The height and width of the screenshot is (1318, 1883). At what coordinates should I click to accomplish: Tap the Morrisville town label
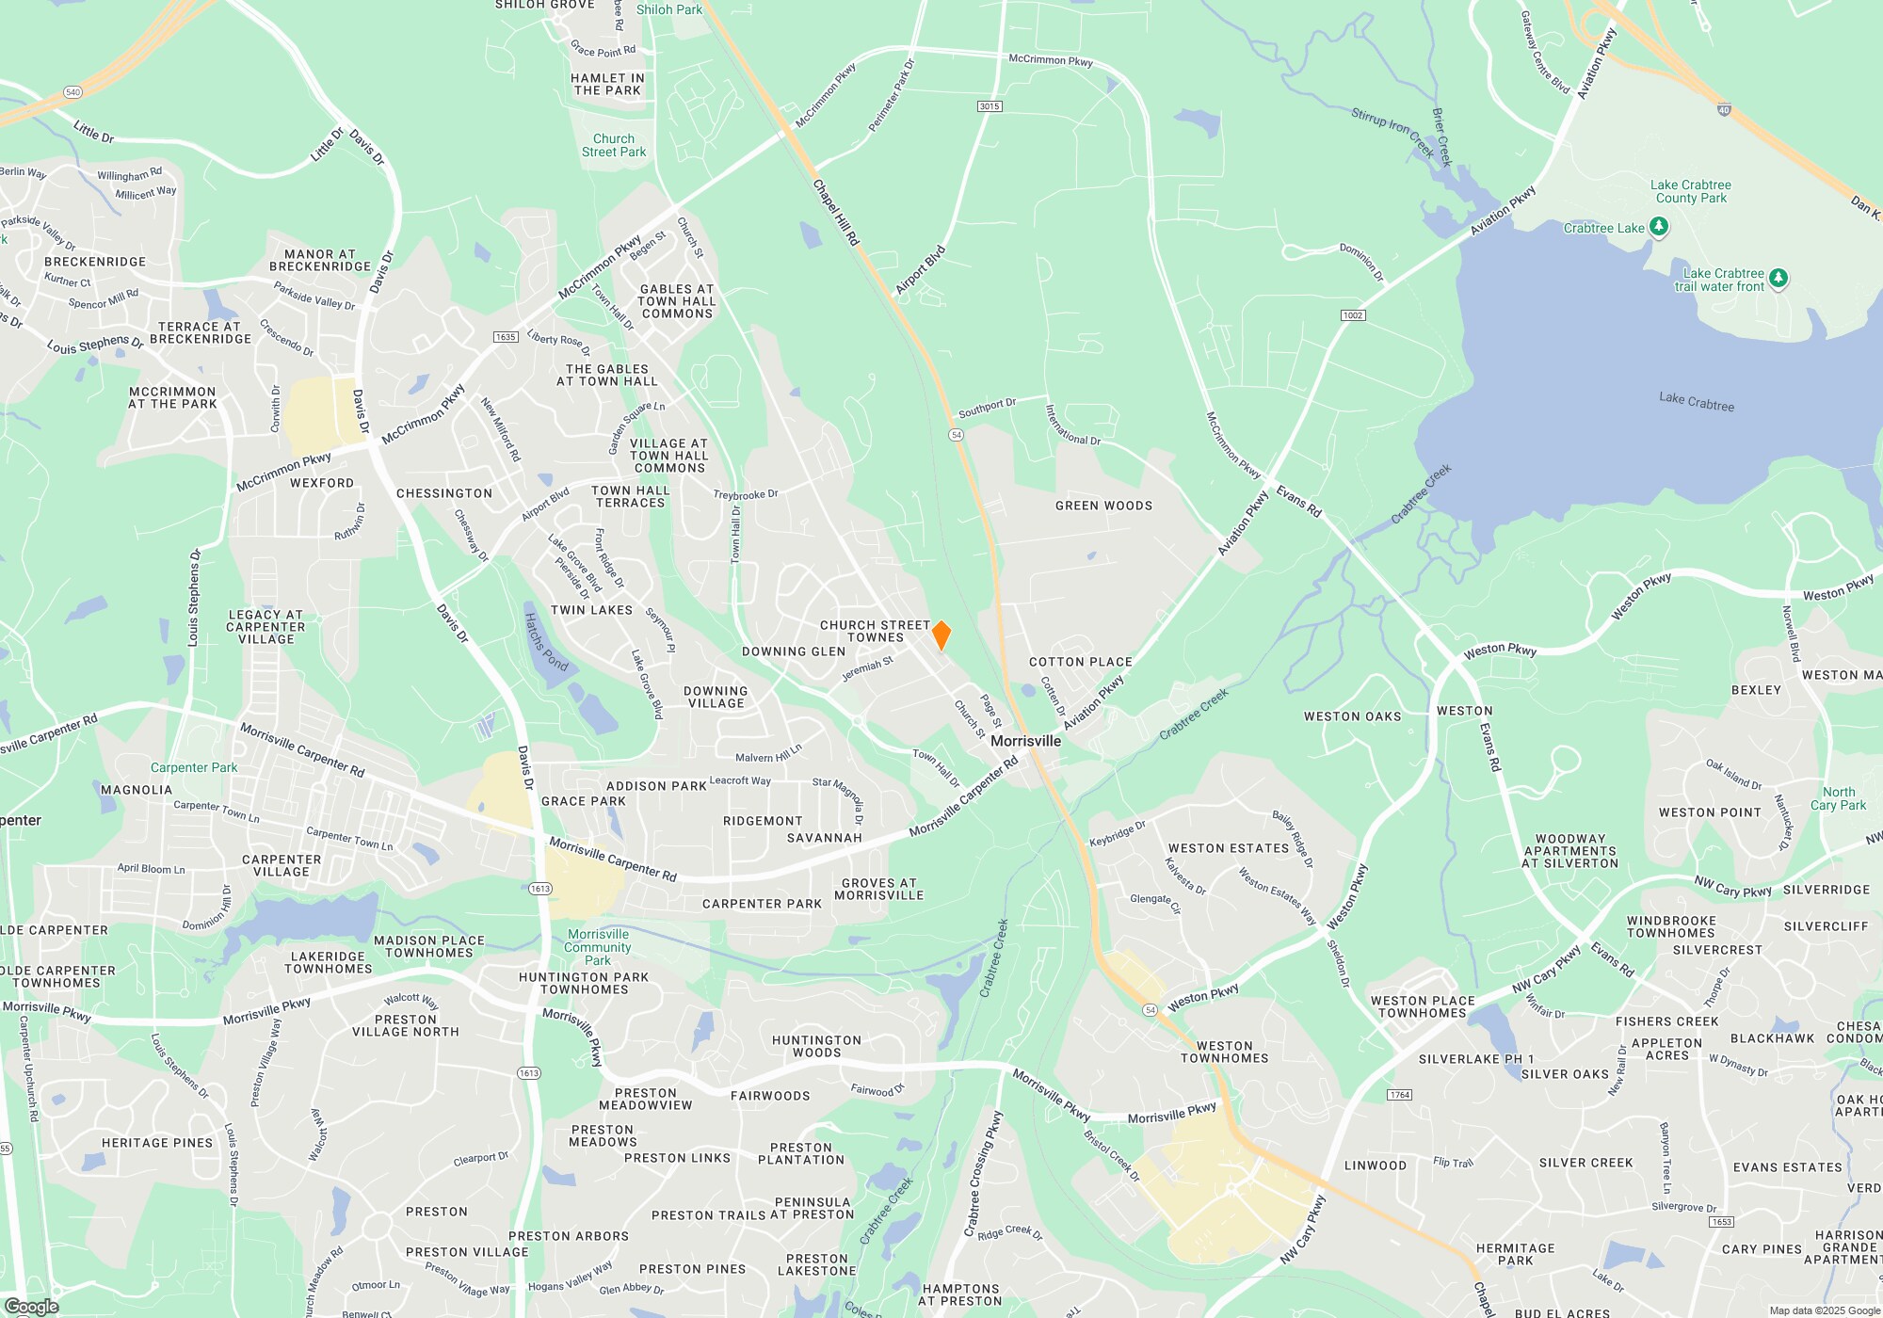(x=1025, y=741)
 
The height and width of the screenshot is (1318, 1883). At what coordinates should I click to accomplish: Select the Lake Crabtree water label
(x=1696, y=402)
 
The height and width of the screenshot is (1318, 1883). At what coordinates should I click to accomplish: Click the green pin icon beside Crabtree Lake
(x=1659, y=226)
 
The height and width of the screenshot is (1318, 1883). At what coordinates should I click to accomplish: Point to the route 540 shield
(x=73, y=92)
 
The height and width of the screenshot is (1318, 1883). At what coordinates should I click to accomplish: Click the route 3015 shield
(x=989, y=106)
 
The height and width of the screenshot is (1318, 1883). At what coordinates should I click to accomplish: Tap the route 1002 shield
(x=1353, y=314)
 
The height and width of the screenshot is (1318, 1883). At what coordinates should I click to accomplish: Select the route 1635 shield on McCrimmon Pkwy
(x=506, y=337)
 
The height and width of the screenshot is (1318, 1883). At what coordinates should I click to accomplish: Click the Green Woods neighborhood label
(x=1103, y=506)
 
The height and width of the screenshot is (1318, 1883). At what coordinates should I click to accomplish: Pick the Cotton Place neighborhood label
(x=1080, y=662)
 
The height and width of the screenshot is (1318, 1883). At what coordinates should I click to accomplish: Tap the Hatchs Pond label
(x=546, y=642)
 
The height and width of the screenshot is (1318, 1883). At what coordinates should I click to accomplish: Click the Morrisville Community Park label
(x=598, y=947)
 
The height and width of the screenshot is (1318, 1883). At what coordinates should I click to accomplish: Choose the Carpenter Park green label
(x=194, y=767)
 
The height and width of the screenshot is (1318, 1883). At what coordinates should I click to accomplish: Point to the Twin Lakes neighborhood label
(x=591, y=610)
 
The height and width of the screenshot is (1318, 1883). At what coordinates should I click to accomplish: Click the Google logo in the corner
(x=32, y=1307)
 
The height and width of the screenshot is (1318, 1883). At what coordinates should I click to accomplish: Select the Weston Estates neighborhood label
(x=1228, y=848)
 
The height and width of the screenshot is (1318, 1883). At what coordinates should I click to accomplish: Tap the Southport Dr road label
(x=987, y=409)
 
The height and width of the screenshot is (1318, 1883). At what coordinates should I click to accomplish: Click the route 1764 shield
(x=1399, y=1095)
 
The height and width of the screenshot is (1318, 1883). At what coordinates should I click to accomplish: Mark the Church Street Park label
(x=614, y=145)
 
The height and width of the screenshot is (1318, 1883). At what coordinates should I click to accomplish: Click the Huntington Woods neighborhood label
(x=816, y=1046)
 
